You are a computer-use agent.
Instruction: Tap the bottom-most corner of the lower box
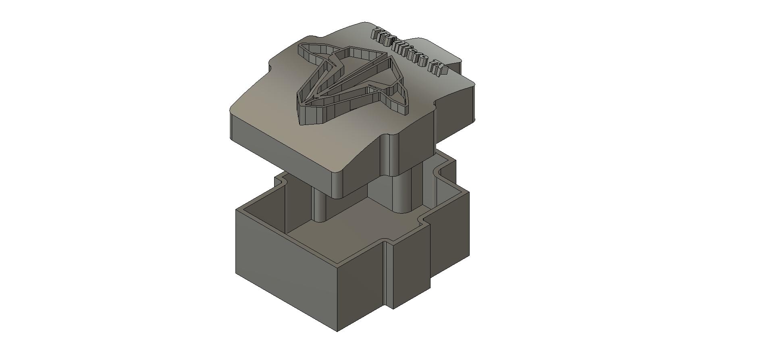click(x=337, y=331)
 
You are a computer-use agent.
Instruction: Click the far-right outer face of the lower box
click(x=449, y=238)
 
